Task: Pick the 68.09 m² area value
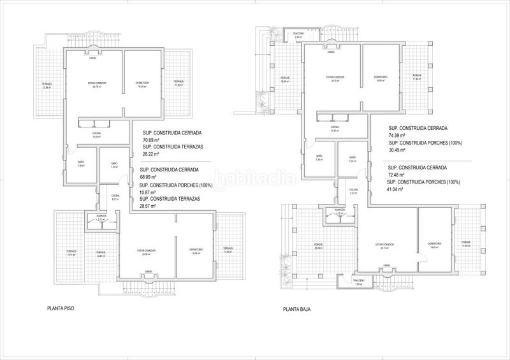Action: (x=149, y=178)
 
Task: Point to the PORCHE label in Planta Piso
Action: (x=101, y=253)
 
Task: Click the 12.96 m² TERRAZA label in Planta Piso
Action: (x=47, y=85)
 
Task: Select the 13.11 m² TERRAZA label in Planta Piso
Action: (x=71, y=253)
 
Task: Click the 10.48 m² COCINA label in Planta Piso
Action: (x=97, y=135)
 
